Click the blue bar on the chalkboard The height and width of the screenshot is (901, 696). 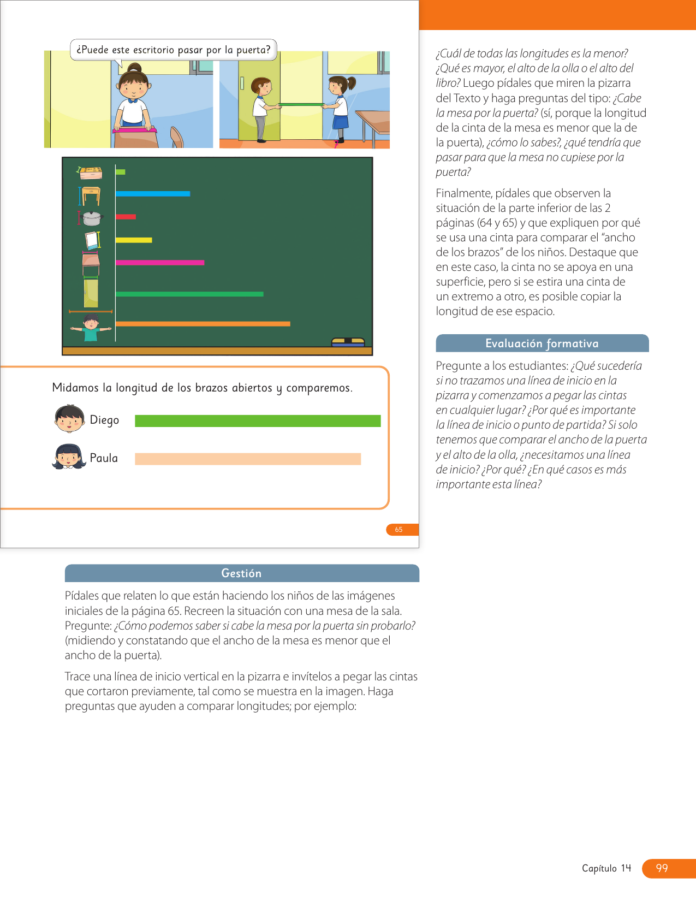(x=153, y=194)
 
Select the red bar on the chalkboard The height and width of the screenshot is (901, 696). (x=126, y=217)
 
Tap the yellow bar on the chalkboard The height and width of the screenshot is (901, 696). (x=134, y=240)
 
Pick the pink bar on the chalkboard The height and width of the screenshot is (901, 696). (x=160, y=263)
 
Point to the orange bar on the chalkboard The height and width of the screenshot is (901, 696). (x=203, y=324)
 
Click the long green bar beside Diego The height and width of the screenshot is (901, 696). (x=258, y=421)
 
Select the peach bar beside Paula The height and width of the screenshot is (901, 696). (x=248, y=459)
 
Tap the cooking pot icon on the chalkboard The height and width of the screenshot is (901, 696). (x=92, y=218)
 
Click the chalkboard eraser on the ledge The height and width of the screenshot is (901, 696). (x=348, y=342)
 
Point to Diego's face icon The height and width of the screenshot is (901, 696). (x=69, y=419)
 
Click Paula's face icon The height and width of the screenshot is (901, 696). (x=69, y=457)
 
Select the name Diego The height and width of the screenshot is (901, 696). (x=104, y=420)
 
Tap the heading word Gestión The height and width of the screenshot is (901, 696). (x=241, y=573)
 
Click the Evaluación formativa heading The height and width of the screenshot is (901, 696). (x=542, y=343)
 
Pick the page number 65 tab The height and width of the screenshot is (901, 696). (x=400, y=530)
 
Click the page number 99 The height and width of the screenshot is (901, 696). (x=662, y=868)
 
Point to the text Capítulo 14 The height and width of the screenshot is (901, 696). (x=606, y=868)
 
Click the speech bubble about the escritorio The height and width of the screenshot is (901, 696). (x=174, y=50)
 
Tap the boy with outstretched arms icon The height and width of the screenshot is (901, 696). (x=91, y=328)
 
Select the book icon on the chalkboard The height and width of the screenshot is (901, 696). (x=92, y=240)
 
